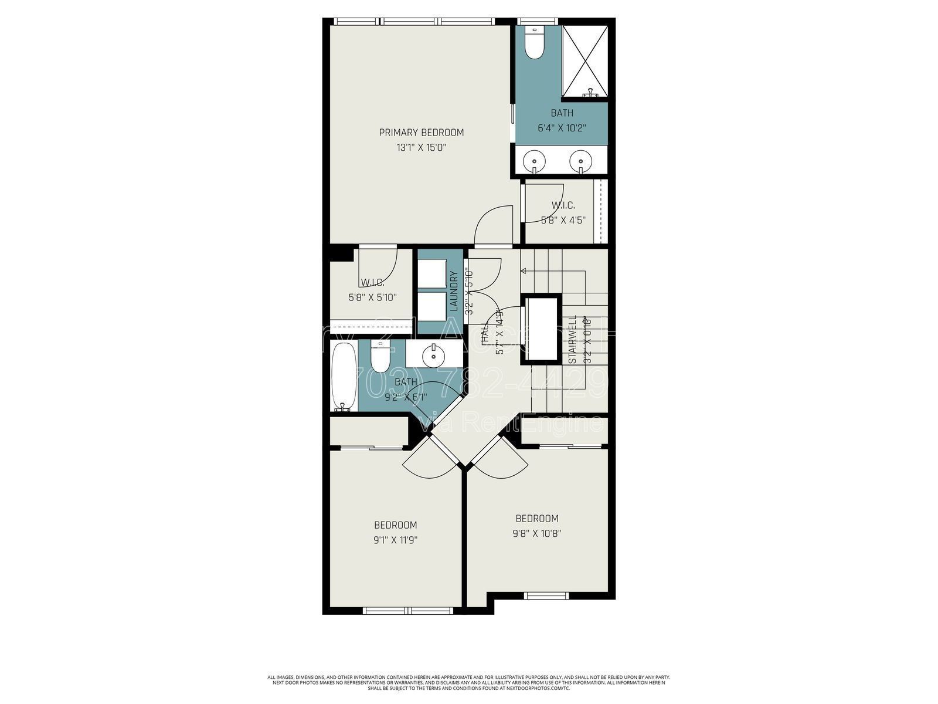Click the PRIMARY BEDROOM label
421,133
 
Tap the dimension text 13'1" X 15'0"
421,148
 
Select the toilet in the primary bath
534,44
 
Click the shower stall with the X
586,60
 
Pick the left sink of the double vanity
535,159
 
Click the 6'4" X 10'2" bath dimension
562,127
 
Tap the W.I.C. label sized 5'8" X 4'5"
563,205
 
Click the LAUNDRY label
453,291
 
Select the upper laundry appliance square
433,272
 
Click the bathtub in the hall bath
343,376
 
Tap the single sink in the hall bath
433,354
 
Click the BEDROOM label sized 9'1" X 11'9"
396,525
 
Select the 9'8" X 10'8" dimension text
536,534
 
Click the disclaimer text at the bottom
469,682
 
